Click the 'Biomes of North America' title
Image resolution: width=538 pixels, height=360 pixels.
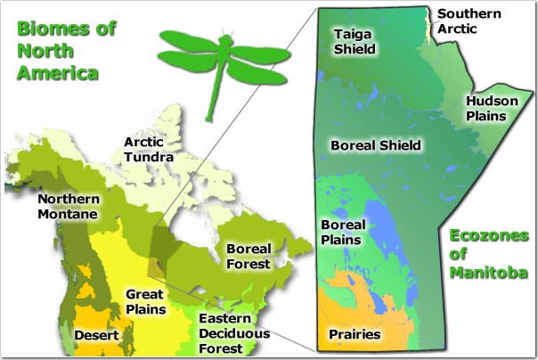[67, 51]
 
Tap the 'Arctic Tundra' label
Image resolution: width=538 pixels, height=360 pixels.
[149, 150]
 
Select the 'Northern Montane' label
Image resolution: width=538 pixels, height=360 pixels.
[69, 206]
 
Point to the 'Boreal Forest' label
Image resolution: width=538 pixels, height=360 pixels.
[249, 257]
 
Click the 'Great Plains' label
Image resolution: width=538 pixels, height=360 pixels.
[146, 302]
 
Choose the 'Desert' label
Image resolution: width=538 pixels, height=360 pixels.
[96, 335]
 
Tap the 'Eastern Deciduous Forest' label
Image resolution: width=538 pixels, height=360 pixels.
[234, 333]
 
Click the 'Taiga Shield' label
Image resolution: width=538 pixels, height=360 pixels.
[355, 42]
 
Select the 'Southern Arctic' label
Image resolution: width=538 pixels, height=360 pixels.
[469, 20]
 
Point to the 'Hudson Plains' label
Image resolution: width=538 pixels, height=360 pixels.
[492, 108]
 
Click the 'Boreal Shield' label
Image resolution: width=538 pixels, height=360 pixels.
[376, 145]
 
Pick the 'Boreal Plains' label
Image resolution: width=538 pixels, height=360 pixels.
[343, 233]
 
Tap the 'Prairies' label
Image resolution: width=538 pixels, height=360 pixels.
[355, 334]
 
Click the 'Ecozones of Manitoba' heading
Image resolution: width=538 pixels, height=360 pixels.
[489, 254]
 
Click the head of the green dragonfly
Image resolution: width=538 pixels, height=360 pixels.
[225, 40]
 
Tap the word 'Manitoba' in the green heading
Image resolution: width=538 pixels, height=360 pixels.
[489, 273]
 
